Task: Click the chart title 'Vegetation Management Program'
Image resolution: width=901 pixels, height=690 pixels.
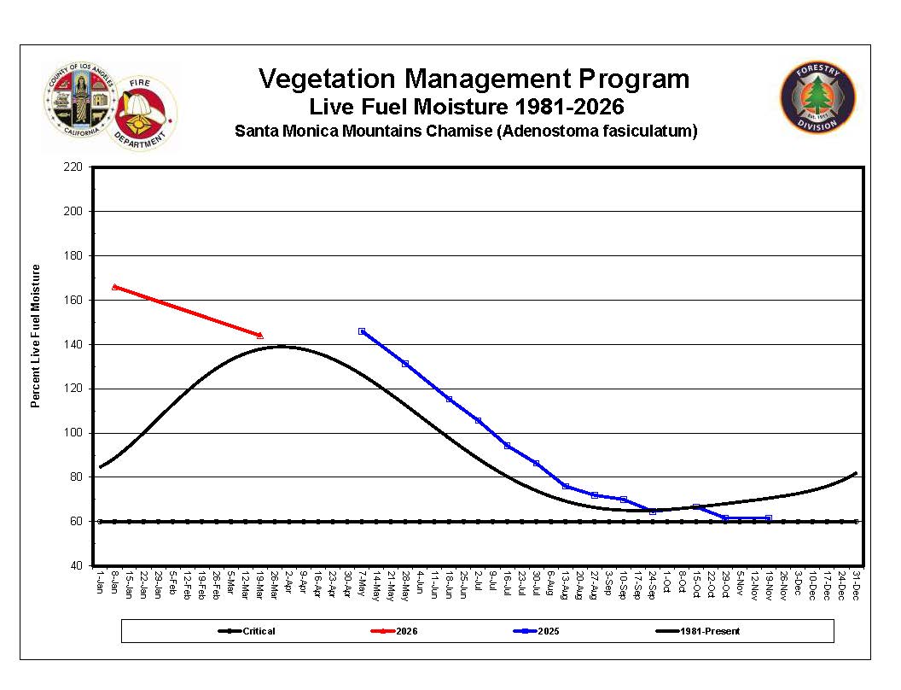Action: pyautogui.click(x=474, y=79)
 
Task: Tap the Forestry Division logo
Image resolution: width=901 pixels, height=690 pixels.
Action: pyautogui.click(x=818, y=97)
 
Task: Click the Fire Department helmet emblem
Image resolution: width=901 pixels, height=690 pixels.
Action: pyautogui.click(x=140, y=112)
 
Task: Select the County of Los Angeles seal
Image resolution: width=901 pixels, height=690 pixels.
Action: pyautogui.click(x=78, y=100)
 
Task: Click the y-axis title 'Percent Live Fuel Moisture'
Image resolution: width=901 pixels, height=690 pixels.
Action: pyautogui.click(x=36, y=336)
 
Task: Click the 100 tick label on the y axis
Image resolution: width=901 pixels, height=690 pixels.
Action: pyautogui.click(x=74, y=433)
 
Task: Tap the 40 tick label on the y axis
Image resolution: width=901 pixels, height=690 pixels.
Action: pyautogui.click(x=77, y=565)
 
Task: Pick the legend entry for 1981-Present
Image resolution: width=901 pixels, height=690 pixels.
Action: pyautogui.click(x=706, y=631)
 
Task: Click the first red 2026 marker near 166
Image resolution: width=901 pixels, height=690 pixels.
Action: pyautogui.click(x=115, y=287)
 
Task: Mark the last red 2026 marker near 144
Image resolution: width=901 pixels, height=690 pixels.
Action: pyautogui.click(x=260, y=336)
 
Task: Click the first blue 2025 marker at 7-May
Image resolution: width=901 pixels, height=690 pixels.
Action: pyautogui.click(x=362, y=331)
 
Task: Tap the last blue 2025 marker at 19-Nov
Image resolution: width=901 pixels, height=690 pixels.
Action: pyautogui.click(x=769, y=518)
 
